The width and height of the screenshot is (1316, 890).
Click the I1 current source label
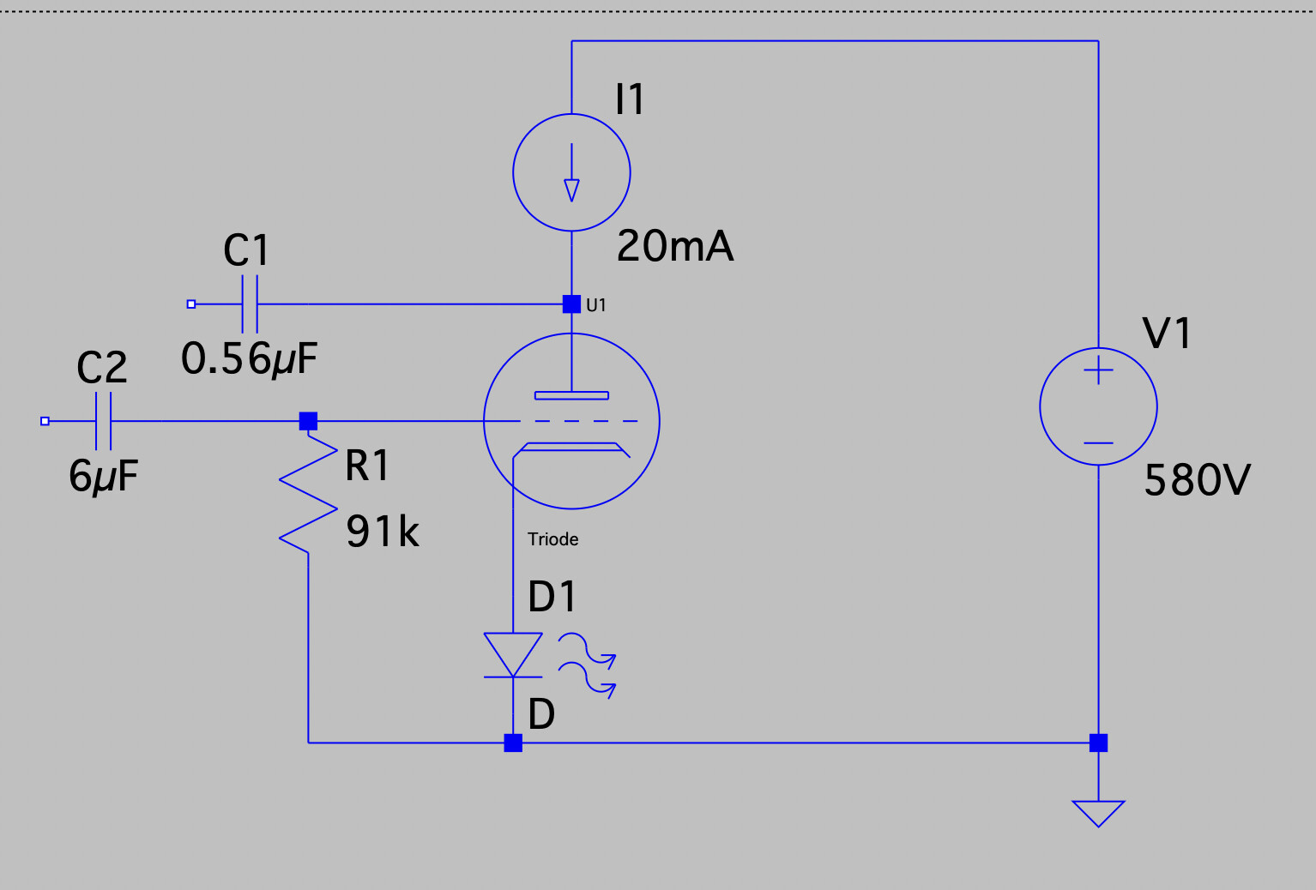630,99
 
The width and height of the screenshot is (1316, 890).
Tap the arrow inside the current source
571,172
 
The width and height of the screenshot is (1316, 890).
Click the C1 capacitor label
246,250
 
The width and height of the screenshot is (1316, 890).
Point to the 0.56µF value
249,358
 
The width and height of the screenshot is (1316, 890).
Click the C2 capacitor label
101,368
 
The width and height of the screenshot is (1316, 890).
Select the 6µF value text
104,476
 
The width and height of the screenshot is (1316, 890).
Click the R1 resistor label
366,465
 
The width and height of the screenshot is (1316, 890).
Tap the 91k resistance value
383,532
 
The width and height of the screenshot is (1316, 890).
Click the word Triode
552,539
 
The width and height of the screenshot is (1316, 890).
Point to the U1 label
595,305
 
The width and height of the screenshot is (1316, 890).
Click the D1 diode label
552,597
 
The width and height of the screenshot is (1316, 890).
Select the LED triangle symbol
513,654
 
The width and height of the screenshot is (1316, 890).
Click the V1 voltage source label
1167,333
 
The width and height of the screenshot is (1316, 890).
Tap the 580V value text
1198,480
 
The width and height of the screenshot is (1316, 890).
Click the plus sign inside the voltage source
1099,370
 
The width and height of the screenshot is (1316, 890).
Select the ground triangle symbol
1099,814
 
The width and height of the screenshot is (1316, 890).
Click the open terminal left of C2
45,421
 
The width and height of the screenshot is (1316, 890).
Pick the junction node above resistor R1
309,421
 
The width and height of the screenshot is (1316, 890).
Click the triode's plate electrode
571,395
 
